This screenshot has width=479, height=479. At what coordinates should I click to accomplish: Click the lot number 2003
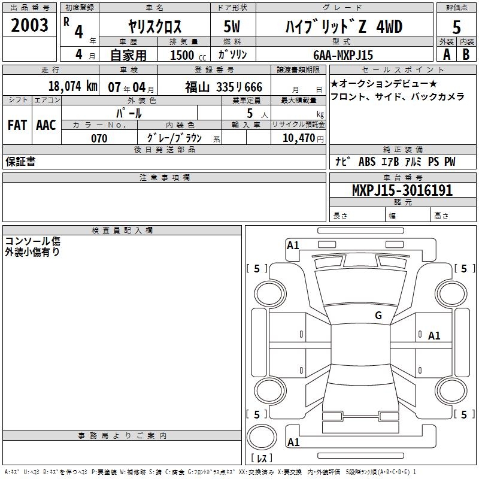[29, 25]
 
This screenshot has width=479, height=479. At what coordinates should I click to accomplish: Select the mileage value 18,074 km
[73, 86]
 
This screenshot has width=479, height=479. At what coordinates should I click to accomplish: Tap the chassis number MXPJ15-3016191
[402, 190]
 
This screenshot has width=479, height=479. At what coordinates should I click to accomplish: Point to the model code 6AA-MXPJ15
[343, 55]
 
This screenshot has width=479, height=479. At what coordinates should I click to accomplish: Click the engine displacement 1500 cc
[188, 55]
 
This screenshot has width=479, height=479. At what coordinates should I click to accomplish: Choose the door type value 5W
[232, 26]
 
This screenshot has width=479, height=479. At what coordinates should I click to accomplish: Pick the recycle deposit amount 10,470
[299, 138]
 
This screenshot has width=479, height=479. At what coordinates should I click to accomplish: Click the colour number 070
[99, 138]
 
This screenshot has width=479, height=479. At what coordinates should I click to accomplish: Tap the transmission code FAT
[17, 125]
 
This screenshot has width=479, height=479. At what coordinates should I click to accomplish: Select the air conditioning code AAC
[46, 125]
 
